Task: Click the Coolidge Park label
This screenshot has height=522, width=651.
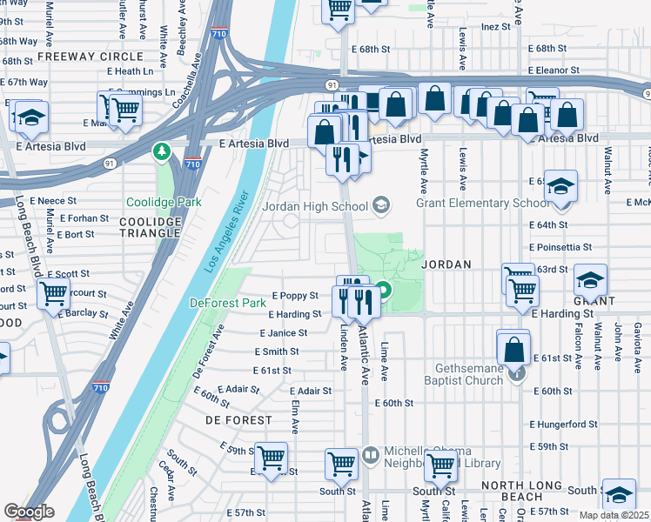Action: [x=164, y=203]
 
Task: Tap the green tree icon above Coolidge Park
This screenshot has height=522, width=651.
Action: [x=161, y=152]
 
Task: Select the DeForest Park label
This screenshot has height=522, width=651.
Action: [x=228, y=303]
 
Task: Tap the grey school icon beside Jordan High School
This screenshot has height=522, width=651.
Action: [x=380, y=205]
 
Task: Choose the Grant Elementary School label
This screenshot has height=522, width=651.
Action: [x=481, y=204]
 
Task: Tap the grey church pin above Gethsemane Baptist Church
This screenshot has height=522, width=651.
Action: [x=518, y=372]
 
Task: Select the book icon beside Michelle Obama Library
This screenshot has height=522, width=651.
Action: [x=370, y=455]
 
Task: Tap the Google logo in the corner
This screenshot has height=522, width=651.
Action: [x=29, y=512]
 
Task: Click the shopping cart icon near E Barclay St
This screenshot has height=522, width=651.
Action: [x=54, y=296]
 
